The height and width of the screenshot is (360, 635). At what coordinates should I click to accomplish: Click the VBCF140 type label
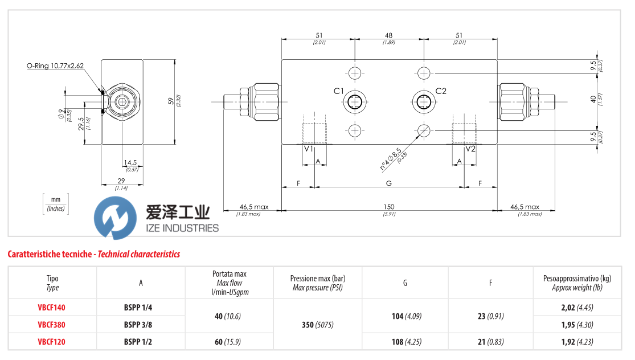52,308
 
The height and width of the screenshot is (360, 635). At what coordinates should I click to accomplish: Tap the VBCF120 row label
52,342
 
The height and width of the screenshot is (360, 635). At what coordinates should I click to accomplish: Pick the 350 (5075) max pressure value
318,325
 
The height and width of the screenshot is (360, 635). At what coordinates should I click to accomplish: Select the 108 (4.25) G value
405,342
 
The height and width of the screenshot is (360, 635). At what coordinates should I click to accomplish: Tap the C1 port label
338,91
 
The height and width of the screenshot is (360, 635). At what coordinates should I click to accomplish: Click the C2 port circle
424,102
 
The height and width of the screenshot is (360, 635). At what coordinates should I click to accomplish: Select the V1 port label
309,149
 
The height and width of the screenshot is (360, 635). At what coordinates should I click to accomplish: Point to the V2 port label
470,149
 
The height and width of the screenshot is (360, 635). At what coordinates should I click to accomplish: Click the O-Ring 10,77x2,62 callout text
55,66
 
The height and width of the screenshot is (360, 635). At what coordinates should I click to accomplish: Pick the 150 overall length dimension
389,207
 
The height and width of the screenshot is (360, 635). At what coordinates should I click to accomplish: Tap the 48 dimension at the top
389,35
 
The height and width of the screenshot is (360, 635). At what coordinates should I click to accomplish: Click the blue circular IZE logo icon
116,218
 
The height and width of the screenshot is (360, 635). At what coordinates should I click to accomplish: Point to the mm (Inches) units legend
55,203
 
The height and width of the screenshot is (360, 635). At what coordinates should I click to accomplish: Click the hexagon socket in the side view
121,102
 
